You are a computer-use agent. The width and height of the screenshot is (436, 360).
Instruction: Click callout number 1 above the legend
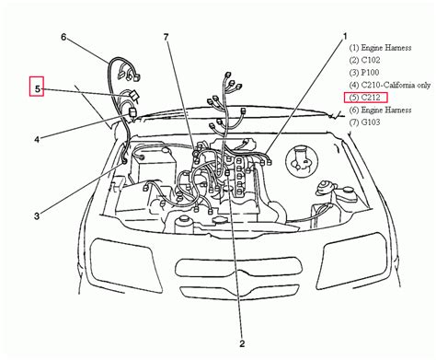[x=345, y=37]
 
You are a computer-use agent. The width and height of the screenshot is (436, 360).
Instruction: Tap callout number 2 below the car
[x=242, y=343]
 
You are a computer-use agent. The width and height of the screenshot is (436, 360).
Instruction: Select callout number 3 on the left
[x=37, y=216]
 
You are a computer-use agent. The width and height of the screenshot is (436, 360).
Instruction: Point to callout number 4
[x=37, y=140]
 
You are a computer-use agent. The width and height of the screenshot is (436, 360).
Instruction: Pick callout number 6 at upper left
[x=63, y=37]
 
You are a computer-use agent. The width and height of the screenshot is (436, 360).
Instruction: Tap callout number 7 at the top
[x=166, y=37]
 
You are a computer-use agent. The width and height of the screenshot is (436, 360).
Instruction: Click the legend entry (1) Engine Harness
[x=380, y=48]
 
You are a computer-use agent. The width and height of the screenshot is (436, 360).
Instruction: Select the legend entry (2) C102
[x=364, y=60]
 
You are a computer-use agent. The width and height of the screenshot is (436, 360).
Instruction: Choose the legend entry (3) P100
[x=364, y=73]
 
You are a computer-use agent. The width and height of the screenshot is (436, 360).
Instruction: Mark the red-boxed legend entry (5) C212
[x=366, y=98]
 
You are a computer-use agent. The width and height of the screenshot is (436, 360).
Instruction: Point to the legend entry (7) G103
[x=364, y=122]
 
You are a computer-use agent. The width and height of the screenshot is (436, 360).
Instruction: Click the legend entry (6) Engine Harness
[x=380, y=110]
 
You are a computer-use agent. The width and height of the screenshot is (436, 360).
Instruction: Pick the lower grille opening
[x=239, y=292]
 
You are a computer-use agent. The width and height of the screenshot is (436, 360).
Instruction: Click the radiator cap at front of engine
[x=220, y=220]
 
